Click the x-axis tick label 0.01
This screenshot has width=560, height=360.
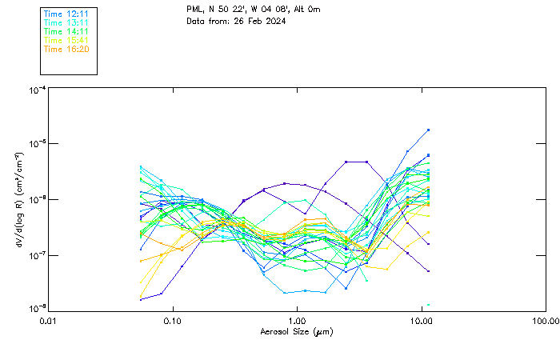tap(49, 321)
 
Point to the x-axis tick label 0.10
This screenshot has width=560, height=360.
tap(173, 321)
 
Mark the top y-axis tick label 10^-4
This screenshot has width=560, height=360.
tap(37, 90)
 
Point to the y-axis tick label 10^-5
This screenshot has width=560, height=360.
tap(37, 144)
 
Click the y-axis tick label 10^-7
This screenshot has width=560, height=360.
tap(37, 255)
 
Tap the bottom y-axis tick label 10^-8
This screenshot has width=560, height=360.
tap(37, 309)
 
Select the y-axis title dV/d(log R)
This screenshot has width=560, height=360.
tap(18, 198)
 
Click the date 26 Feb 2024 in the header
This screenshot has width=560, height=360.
tap(261, 21)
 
